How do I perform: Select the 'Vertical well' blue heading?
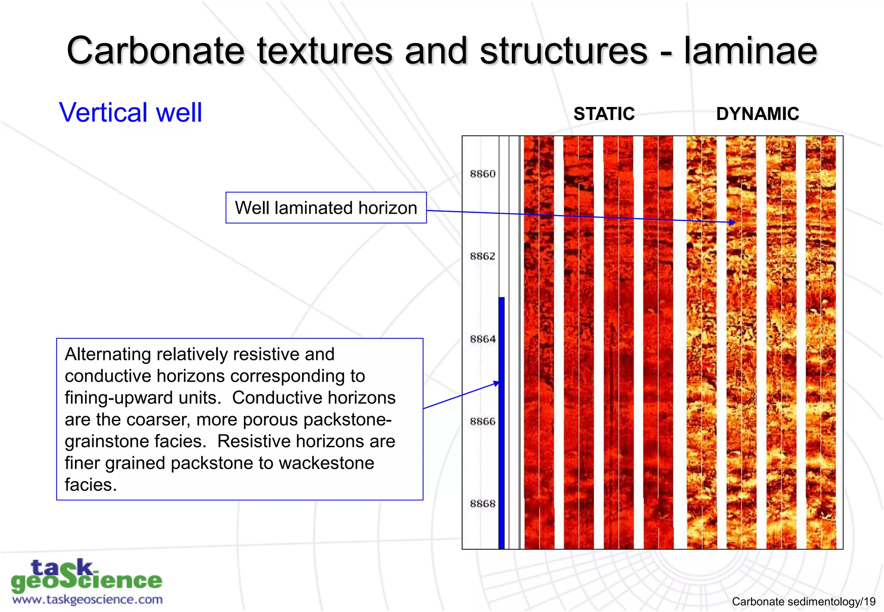[x=130, y=113]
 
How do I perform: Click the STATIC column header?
[x=603, y=114]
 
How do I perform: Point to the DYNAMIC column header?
[x=757, y=114]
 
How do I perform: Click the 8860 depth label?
[x=483, y=174]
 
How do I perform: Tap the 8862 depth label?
[x=483, y=256]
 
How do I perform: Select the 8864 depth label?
[x=483, y=339]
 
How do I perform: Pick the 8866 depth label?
[x=483, y=421]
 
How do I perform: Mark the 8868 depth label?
[x=483, y=504]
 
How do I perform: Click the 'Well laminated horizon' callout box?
[x=326, y=208]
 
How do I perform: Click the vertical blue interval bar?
[x=502, y=423]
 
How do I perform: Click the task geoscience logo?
[x=86, y=576]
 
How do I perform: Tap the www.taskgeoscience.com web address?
[x=87, y=600]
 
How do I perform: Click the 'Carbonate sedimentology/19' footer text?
[x=803, y=602]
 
